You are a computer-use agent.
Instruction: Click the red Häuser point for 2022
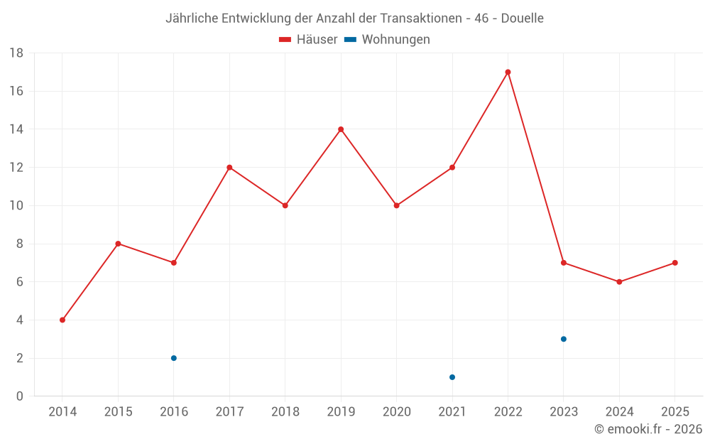pos(508,72)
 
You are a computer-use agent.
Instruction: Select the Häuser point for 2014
pos(62,320)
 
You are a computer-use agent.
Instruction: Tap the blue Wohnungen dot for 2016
pos(174,358)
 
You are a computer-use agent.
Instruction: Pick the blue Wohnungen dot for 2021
pos(452,377)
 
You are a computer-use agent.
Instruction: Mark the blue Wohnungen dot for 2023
pos(564,339)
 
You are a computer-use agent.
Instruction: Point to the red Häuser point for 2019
pos(341,129)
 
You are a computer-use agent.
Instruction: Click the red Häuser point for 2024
pos(619,282)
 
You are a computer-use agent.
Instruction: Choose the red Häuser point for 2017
pos(229,168)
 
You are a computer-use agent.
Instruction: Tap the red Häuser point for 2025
pos(675,263)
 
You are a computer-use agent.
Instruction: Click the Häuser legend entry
pos(309,40)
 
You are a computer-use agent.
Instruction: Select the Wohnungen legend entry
pos(388,40)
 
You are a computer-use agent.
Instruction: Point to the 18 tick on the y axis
pos(16,53)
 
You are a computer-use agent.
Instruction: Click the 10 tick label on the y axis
pos(16,206)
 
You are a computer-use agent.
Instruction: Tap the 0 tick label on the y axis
pos(20,396)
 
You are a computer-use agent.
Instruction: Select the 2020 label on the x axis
pos(397,412)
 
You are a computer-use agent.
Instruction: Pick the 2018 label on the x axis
pos(285,412)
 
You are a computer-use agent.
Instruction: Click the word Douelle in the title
pos(522,18)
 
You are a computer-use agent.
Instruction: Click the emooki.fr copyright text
pos(648,429)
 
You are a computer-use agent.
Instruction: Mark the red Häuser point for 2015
pos(118,244)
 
